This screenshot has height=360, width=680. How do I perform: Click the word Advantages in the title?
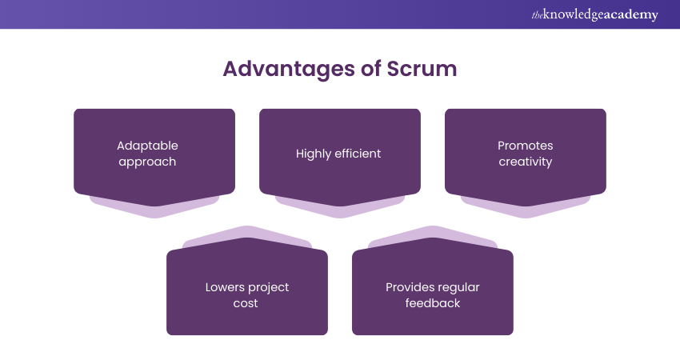[288, 69]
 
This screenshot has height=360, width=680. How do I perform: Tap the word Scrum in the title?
[420, 69]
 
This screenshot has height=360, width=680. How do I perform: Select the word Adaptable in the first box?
[147, 146]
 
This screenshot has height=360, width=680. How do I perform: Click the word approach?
[147, 161]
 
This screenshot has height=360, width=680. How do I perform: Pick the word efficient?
[358, 154]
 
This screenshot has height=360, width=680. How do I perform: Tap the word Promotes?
[525, 146]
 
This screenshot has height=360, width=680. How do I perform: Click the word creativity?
[525, 161]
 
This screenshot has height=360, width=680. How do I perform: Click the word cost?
[246, 303]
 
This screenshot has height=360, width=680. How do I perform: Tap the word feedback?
[432, 303]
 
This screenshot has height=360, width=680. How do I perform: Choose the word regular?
[458, 287]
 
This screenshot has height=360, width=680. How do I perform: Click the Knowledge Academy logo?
[594, 14]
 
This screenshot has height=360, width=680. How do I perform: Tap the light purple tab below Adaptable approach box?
[154, 209]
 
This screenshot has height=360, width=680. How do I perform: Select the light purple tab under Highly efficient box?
[340, 210]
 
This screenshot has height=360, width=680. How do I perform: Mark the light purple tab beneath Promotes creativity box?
[526, 209]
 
